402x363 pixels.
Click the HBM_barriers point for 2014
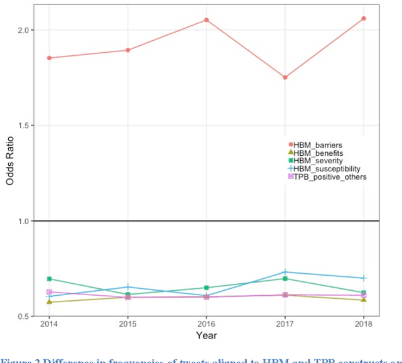[x=49, y=58]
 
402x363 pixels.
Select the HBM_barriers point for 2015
[x=128, y=50]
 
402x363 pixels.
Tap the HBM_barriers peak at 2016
[x=206, y=20]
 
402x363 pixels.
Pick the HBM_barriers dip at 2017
[x=285, y=77]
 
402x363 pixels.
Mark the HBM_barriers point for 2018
[x=363, y=19]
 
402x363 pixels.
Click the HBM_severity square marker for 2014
[x=49, y=278]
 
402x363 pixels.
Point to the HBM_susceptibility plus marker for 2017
[x=285, y=272]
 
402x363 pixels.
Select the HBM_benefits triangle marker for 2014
[x=49, y=302]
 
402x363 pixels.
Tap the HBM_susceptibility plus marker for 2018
[x=363, y=278]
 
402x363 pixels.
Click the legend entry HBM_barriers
[x=318, y=145]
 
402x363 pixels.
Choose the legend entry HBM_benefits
[x=318, y=153]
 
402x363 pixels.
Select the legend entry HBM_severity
[x=318, y=161]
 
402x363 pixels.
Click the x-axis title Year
[x=206, y=336]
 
